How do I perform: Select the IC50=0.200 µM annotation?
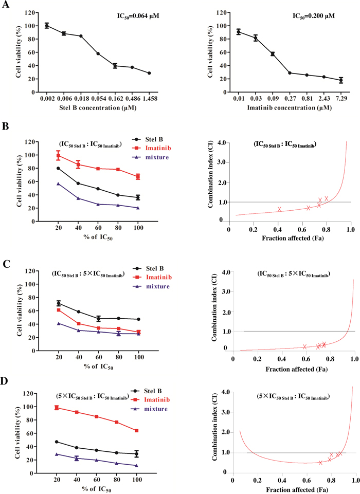[x=314, y=16]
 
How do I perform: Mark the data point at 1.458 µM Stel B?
[x=149, y=73]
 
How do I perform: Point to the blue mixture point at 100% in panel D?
[x=136, y=466]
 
